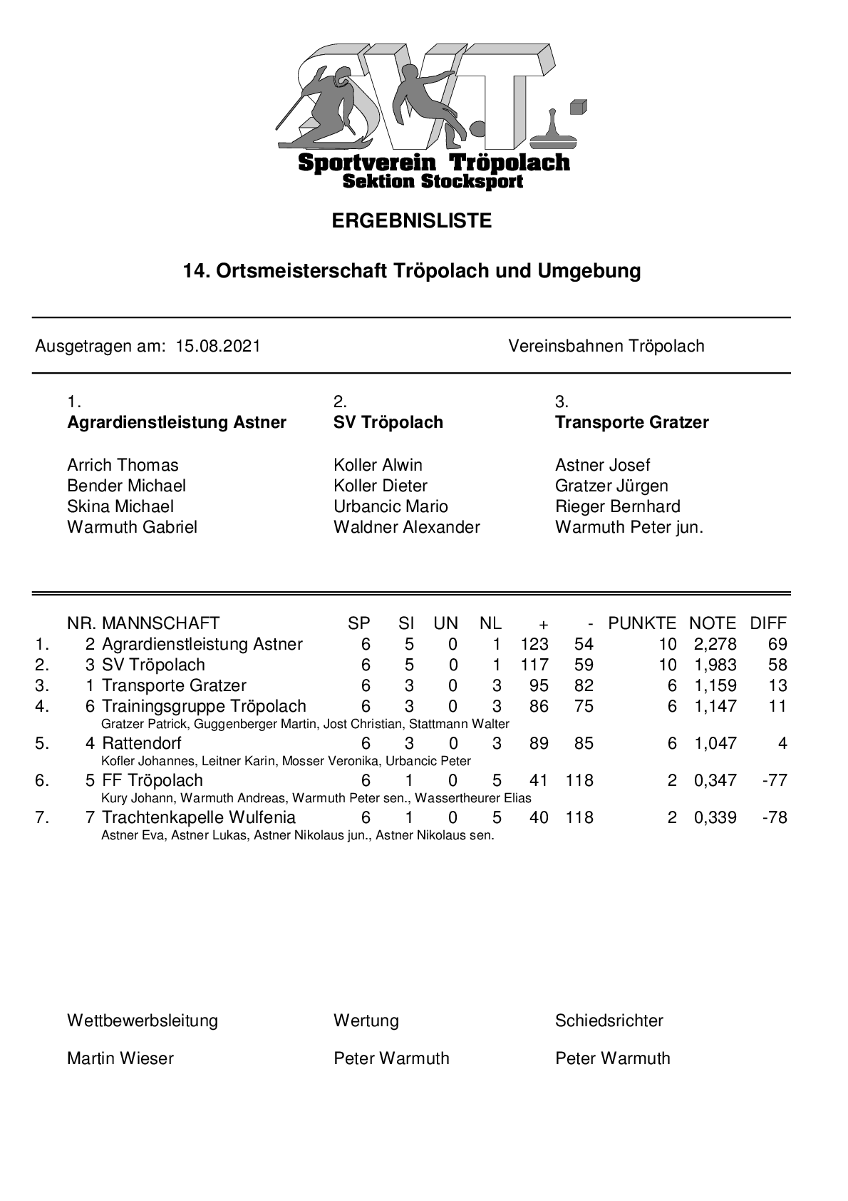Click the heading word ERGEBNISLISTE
pyautogui.click(x=412, y=221)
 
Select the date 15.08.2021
pyautogui.click(x=218, y=347)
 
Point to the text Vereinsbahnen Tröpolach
pyautogui.click(x=606, y=347)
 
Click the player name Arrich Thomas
pyautogui.click(x=123, y=466)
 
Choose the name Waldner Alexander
pyautogui.click(x=406, y=528)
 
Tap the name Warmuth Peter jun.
pyautogui.click(x=629, y=528)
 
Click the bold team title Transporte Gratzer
pyautogui.click(x=631, y=422)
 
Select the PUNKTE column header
pyautogui.click(x=641, y=623)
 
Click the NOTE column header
pyautogui.click(x=712, y=623)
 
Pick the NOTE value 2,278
pyautogui.click(x=715, y=645)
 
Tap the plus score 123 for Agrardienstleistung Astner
pyautogui.click(x=534, y=645)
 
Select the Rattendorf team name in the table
pyautogui.click(x=142, y=744)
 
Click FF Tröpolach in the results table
pyautogui.click(x=152, y=781)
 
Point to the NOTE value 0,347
pyautogui.click(x=715, y=781)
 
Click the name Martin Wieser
pyautogui.click(x=120, y=1058)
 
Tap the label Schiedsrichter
pyautogui.click(x=609, y=1021)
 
